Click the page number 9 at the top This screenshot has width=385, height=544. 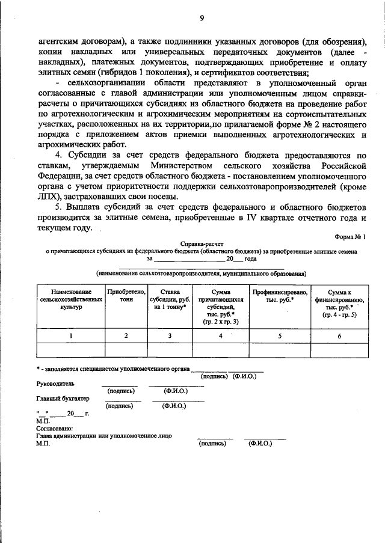pyautogui.click(x=202, y=18)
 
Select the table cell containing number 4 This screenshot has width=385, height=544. pyautogui.click(x=220, y=336)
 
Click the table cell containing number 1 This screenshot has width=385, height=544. pyautogui.click(x=71, y=336)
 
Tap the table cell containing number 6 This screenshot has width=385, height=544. pyautogui.click(x=339, y=336)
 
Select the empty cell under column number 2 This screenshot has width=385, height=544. pyautogui.click(x=126, y=350)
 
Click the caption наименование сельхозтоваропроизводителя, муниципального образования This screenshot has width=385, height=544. pyautogui.click(x=200, y=272)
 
